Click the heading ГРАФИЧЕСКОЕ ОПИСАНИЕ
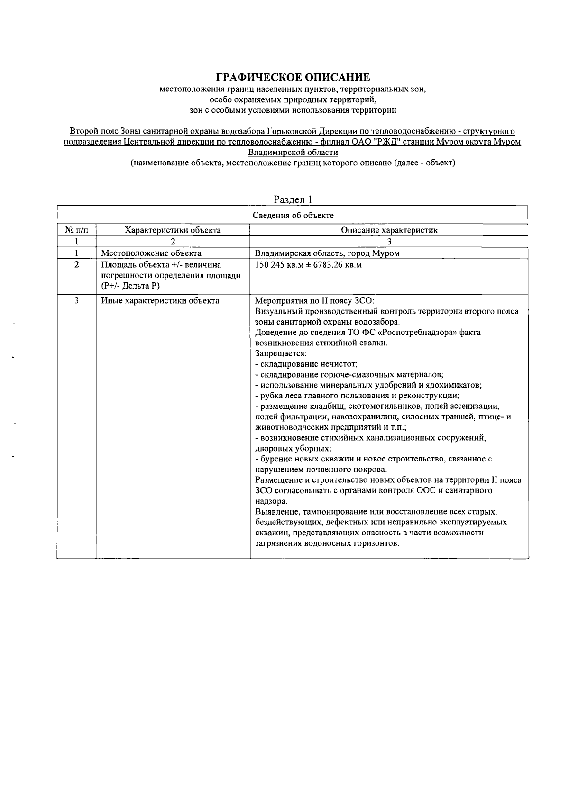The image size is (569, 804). click(293, 77)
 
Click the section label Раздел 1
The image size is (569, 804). click(293, 200)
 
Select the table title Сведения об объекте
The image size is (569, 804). click(293, 216)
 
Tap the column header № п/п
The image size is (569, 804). click(76, 231)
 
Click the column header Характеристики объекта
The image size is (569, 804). click(173, 231)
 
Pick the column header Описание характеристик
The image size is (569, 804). click(389, 231)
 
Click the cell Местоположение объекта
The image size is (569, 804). click(151, 253)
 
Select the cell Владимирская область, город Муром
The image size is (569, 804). click(327, 253)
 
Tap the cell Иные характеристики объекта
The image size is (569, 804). click(160, 301)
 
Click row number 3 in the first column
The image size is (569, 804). click(76, 301)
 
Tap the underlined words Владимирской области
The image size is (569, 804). click(293, 153)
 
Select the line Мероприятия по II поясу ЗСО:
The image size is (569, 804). click(315, 301)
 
